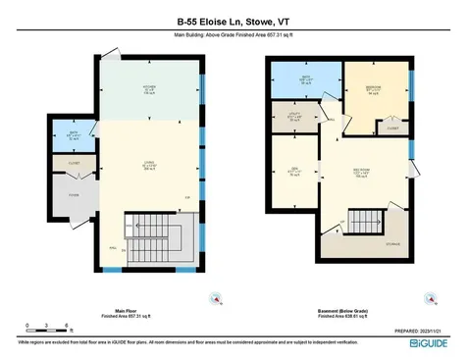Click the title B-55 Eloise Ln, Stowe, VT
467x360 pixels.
pyautogui.click(x=233, y=20)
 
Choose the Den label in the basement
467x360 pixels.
pyautogui.click(x=292, y=169)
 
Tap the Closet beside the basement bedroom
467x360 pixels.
pyautogui.click(x=392, y=128)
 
